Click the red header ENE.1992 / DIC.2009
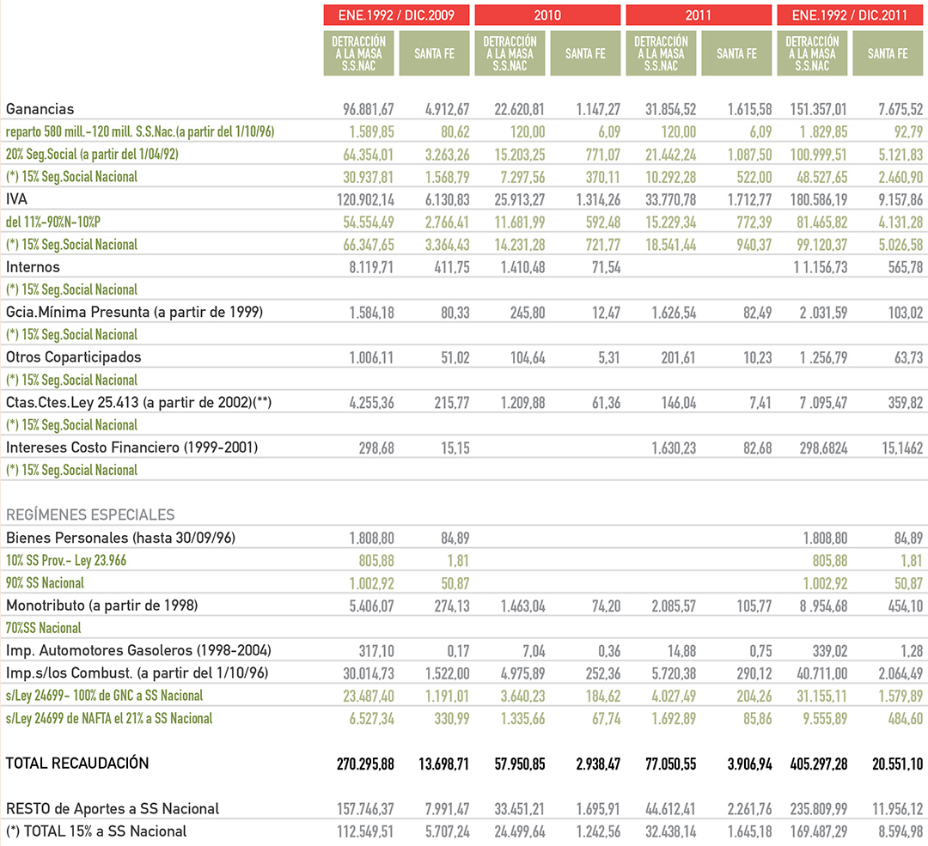coord(396,15)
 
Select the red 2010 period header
coord(547,15)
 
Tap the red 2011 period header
coord(699,15)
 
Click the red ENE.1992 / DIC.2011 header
coord(850,15)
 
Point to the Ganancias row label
coord(40,109)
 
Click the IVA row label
coord(16,199)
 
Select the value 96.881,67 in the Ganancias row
coord(368,109)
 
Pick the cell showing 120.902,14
coord(365,200)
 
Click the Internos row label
coord(33,267)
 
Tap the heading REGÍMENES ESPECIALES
coord(90,514)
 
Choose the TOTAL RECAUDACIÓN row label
coord(77,764)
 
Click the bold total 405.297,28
coord(819,764)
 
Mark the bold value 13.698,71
coord(443,764)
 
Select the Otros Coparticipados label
coord(73,357)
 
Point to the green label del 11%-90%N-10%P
coord(52,222)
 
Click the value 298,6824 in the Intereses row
coord(823,448)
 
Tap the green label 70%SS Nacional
coord(43,628)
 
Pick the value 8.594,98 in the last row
coord(901,831)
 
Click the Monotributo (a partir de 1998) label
coord(101,606)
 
